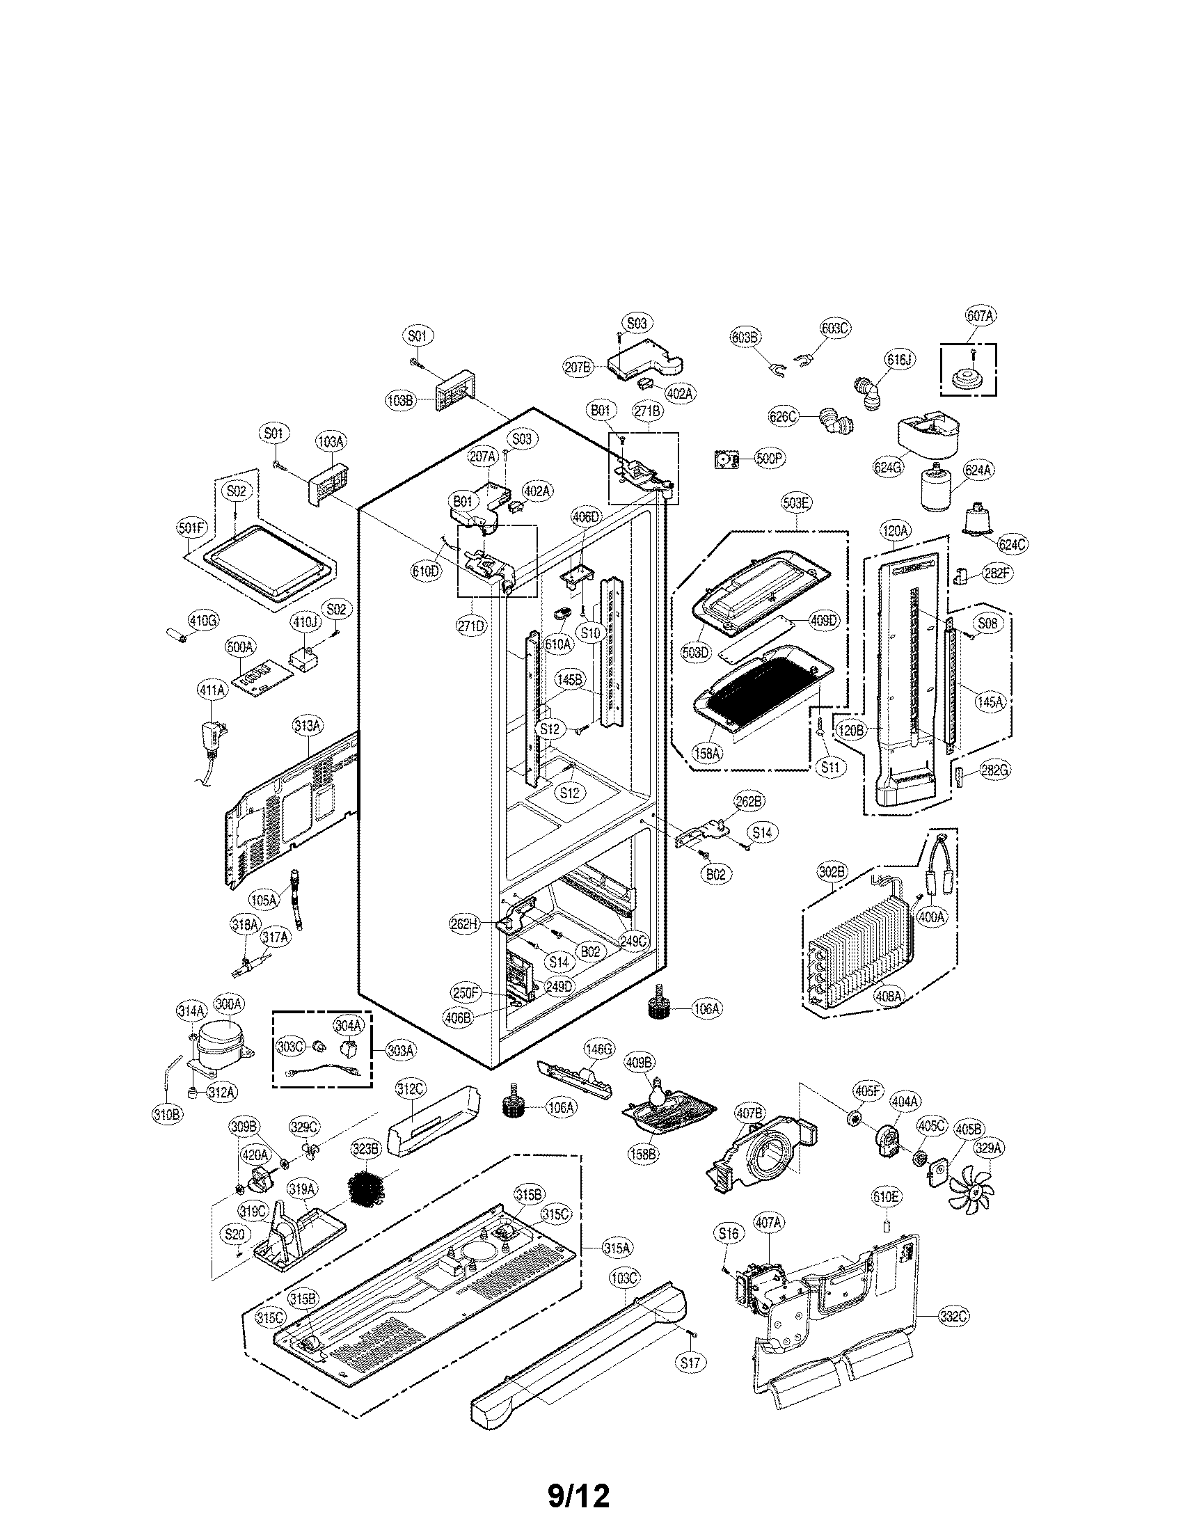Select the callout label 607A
coord(980,316)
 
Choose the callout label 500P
coord(770,459)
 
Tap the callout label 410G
coord(203,619)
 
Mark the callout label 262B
coord(749,801)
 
